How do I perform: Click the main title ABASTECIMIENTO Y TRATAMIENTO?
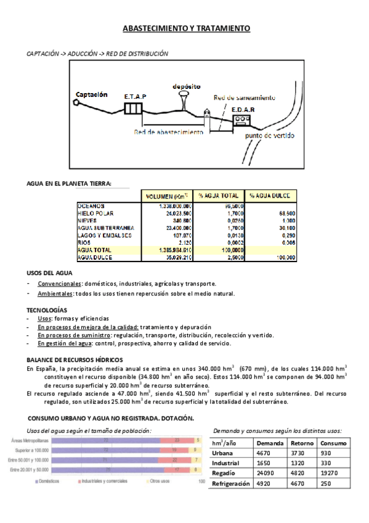click(186, 29)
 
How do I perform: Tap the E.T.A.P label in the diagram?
click(135, 97)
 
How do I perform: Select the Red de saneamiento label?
click(245, 98)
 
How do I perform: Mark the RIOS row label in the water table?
click(84, 242)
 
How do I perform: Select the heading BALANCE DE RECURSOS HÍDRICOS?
click(75, 360)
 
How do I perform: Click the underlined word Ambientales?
click(53, 294)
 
